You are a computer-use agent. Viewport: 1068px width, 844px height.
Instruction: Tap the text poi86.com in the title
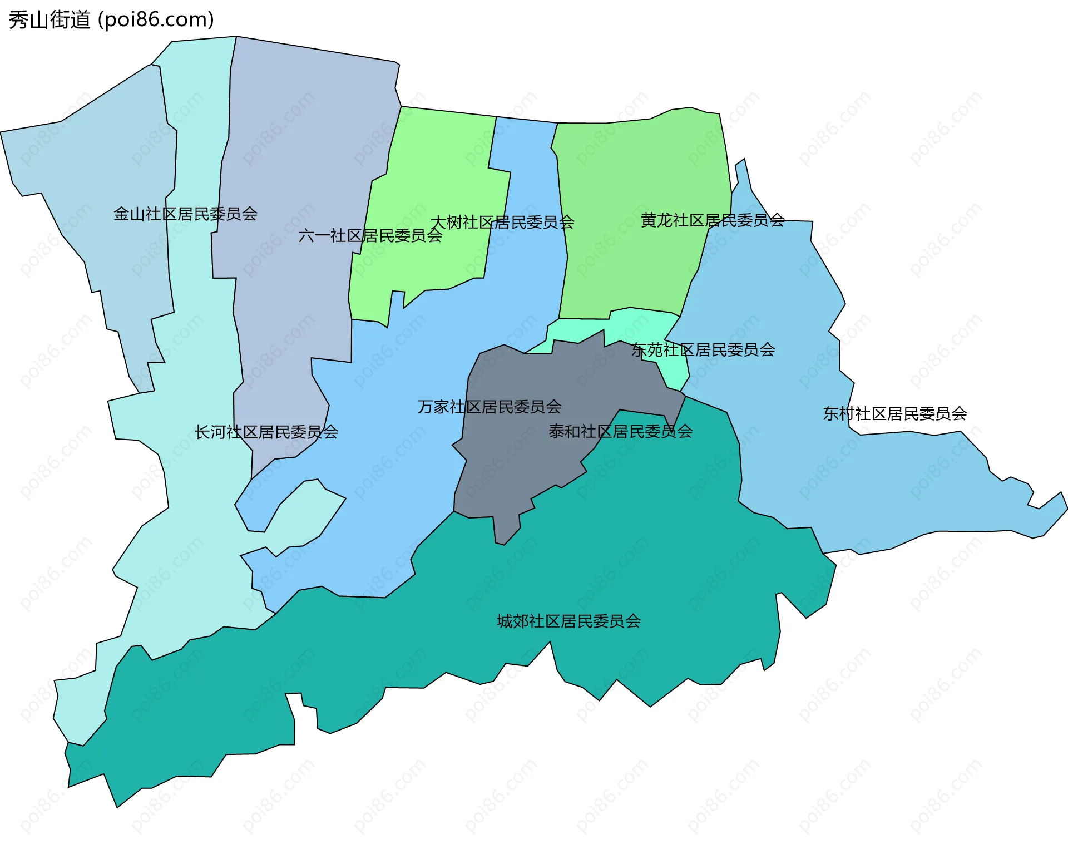point(156,20)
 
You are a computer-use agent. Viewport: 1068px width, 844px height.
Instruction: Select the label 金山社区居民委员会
point(185,214)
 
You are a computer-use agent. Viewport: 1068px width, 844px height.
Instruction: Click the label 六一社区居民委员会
point(370,236)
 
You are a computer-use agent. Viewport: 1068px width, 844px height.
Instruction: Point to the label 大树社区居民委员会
point(502,223)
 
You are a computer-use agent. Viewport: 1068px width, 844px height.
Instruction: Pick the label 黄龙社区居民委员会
point(713,220)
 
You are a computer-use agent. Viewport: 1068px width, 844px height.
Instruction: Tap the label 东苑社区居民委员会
point(703,350)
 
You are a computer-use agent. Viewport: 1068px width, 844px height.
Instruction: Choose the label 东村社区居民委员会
point(894,413)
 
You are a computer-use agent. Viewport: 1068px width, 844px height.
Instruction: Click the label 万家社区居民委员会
point(489,407)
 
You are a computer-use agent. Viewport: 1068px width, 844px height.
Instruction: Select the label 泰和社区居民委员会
point(621,431)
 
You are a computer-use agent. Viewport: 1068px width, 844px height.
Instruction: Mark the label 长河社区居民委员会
point(266,432)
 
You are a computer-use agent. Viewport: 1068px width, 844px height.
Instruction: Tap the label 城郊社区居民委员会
point(568,621)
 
